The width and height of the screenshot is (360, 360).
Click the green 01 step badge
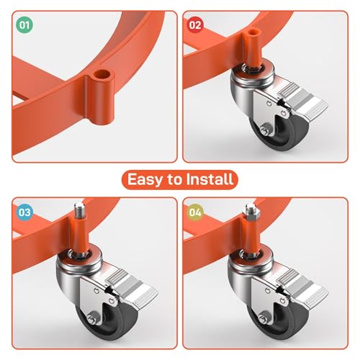pyautogui.click(x=24, y=25)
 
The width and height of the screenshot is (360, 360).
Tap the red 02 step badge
pyautogui.click(x=195, y=25)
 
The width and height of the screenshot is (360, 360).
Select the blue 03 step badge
pyautogui.click(x=24, y=212)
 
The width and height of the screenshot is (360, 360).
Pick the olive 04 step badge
pyautogui.click(x=195, y=212)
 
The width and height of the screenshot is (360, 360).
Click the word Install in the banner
pyautogui.click(x=210, y=179)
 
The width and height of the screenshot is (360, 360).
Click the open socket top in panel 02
pyautogui.click(x=254, y=32)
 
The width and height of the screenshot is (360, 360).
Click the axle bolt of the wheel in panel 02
pyautogui.click(x=264, y=130)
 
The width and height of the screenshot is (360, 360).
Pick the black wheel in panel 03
pyautogui.click(x=107, y=323)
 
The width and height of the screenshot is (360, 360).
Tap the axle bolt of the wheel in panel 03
pyautogui.click(x=91, y=319)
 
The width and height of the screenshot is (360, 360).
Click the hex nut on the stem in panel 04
pyautogui.click(x=251, y=213)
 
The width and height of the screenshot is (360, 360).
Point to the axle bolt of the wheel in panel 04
pyautogui.click(x=263, y=318)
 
